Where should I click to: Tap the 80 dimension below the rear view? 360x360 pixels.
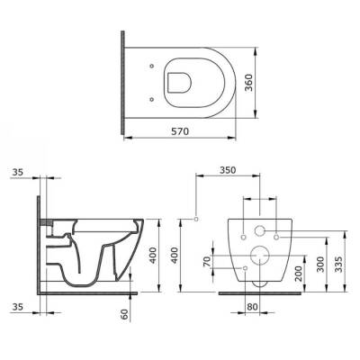254,306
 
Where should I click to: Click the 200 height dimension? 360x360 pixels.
298,271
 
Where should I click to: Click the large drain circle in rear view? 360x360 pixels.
259,253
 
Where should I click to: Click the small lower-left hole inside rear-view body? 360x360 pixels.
243,267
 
